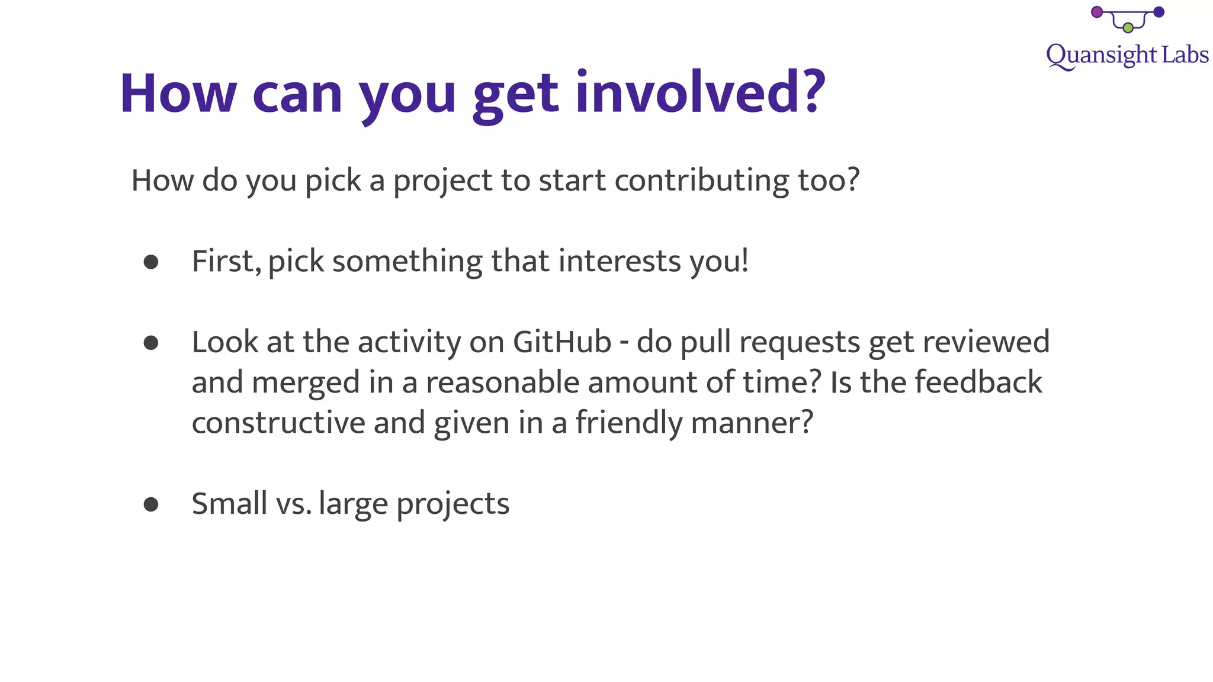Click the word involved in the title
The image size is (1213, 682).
700,93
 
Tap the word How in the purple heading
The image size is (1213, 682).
178,93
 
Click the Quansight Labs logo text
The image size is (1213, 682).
1127,56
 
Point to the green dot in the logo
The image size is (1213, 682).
1128,28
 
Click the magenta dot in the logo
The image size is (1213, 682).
1096,12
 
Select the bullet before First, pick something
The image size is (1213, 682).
151,262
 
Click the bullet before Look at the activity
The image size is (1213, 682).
151,343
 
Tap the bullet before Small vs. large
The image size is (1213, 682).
151,504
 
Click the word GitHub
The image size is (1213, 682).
561,342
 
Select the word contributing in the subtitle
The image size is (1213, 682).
701,181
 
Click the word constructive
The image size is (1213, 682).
278,423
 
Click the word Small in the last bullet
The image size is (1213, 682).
229,504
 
